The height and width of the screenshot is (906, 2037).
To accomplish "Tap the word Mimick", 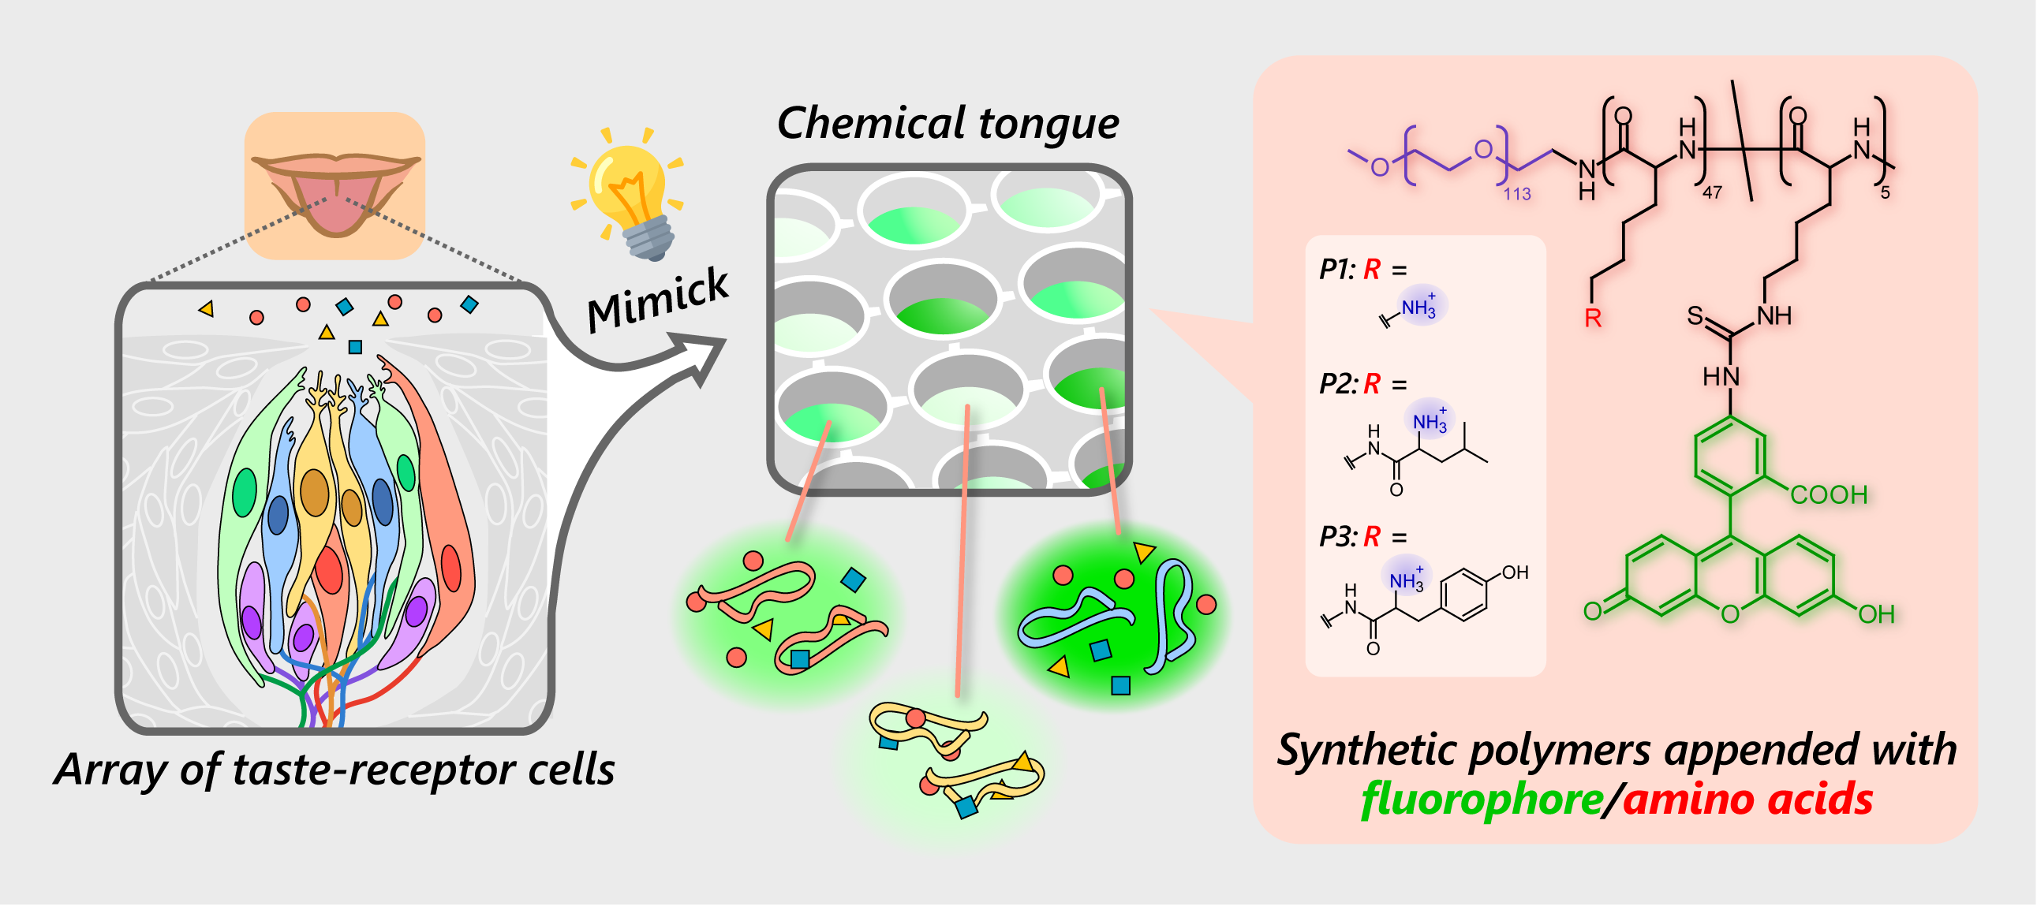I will point(657,299).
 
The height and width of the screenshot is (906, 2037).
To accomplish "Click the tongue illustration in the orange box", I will point(336,202).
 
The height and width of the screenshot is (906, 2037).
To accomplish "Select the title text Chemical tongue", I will point(948,123).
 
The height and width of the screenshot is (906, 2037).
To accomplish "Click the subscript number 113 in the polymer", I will point(1516,195).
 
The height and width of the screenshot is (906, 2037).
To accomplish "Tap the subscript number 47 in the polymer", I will point(1711,193).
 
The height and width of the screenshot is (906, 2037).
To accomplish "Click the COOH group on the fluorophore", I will point(1829,496).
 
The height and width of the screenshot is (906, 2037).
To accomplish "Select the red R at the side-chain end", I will point(1593,319).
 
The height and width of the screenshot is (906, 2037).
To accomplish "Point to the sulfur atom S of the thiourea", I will point(1695,316).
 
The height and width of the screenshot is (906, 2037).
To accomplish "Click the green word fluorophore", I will point(1482,800).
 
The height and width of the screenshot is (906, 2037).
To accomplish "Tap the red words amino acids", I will point(1747,800).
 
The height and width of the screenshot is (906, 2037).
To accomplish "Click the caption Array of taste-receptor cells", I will point(335,770).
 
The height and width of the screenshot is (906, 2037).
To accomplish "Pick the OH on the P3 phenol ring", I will point(1514,572).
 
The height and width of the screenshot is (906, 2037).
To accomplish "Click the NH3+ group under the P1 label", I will point(1418,308).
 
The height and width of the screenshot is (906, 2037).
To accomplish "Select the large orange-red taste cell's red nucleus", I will point(450,568).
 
